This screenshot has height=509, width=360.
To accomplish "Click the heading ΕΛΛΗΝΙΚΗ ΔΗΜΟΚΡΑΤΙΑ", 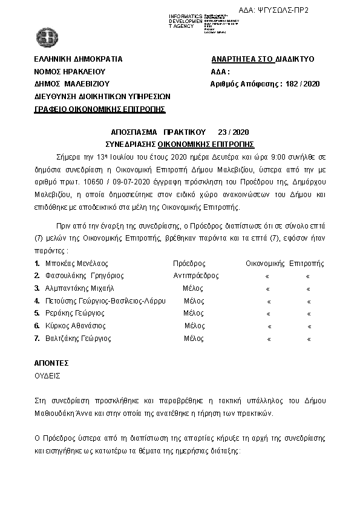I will [79, 59].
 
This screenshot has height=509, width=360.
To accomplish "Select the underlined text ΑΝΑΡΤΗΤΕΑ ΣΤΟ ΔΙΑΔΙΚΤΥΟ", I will [263, 60].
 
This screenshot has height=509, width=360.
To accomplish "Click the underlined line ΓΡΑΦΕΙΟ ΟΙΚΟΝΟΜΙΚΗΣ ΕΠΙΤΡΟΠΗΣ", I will [100, 109].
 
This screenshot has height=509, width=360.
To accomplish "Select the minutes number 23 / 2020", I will [233, 132].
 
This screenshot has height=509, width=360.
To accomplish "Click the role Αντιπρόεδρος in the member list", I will [195, 275].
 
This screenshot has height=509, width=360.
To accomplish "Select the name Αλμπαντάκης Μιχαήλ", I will [75, 288].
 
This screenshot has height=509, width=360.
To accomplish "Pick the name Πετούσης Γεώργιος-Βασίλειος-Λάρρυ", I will [100, 300].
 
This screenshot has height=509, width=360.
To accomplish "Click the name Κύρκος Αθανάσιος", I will [71, 326].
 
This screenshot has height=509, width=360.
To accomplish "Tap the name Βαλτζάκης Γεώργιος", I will [73, 339].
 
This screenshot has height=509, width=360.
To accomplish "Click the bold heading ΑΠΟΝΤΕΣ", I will [51, 363].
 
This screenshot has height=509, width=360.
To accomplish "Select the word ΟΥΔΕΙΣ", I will [48, 375].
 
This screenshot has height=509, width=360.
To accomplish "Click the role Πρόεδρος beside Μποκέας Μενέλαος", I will [189, 264].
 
